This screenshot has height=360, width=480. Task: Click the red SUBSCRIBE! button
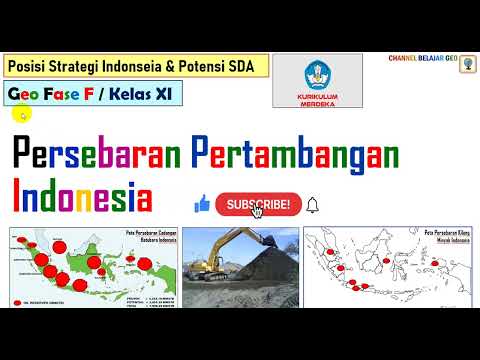pyautogui.click(x=259, y=205)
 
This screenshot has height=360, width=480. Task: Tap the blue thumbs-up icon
pyautogui.click(x=202, y=205)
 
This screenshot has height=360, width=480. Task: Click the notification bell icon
pyautogui.click(x=313, y=205)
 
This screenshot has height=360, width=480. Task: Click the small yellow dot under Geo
pyautogui.click(x=22, y=115)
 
